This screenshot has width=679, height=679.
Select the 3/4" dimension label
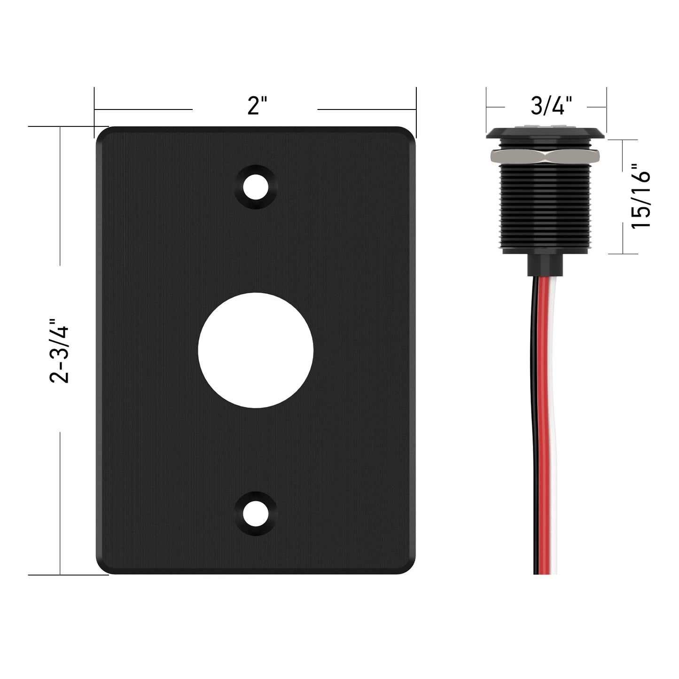(x=551, y=105)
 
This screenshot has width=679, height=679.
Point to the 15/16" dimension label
(x=640, y=201)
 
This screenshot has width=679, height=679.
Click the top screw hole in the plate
(x=256, y=187)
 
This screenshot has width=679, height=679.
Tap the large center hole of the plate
(x=256, y=350)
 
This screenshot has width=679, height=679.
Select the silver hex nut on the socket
(x=546, y=156)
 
